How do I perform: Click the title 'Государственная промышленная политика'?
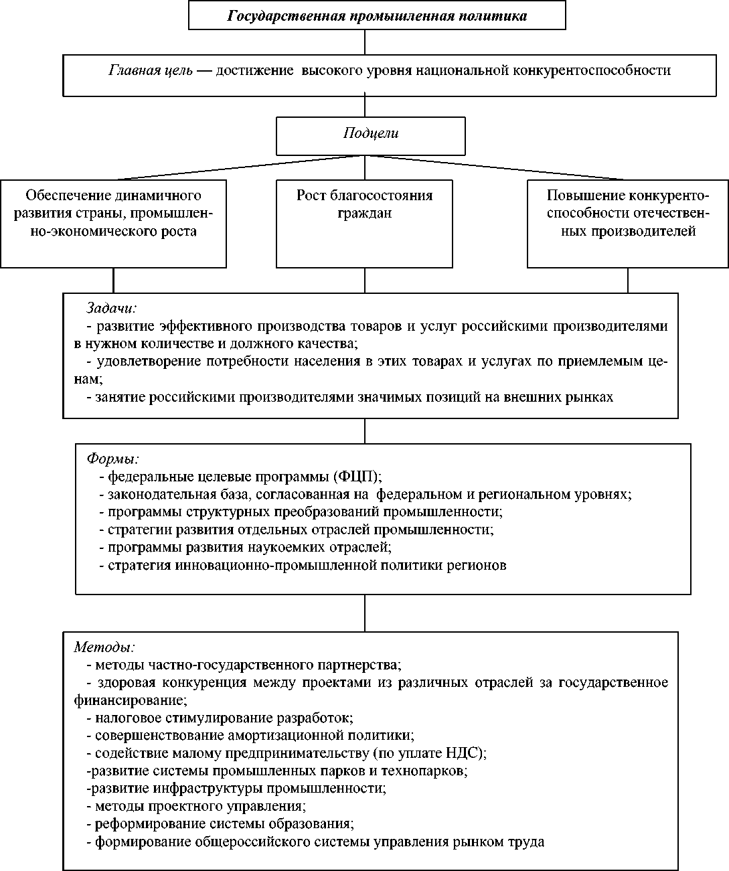click(377, 16)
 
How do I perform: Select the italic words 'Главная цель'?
click(151, 70)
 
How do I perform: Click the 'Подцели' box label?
click(371, 133)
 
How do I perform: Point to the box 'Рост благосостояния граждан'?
click(364, 223)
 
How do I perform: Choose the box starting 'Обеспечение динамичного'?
click(113, 223)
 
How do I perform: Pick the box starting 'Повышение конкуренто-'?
click(627, 223)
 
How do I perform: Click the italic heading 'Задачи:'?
click(111, 309)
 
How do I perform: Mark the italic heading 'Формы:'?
click(113, 459)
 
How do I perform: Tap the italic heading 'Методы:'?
click(104, 647)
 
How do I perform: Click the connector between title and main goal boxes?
click(365, 42)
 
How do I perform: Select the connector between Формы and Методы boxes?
click(365, 613)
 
